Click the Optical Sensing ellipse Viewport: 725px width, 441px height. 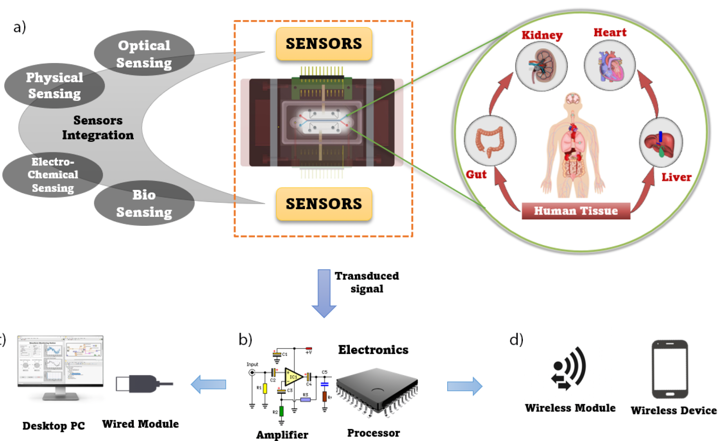tap(144, 53)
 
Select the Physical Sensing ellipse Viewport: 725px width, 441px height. tap(54, 85)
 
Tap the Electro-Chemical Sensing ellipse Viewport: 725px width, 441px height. tap(53, 175)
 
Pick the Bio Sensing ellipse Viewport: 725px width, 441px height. tap(144, 203)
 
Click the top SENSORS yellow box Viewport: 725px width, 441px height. tap(324, 44)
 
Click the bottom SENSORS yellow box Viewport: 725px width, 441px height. tap(324, 204)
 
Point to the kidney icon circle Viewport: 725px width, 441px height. tap(541, 66)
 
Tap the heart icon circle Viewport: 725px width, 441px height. tap(610, 65)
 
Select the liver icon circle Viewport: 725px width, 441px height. tap(660, 142)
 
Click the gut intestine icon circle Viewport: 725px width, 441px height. tap(490, 140)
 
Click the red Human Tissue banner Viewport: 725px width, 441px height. tap(576, 211)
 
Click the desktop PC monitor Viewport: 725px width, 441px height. tap(60, 362)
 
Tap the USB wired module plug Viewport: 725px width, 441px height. tap(143, 384)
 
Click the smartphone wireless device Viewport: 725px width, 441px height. tap(670, 369)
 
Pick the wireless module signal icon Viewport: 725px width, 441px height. tap(569, 368)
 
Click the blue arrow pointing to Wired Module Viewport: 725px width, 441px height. tap(209, 384)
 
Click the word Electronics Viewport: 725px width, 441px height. tap(373, 350)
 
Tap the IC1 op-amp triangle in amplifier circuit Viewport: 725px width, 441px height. tap(293, 377)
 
